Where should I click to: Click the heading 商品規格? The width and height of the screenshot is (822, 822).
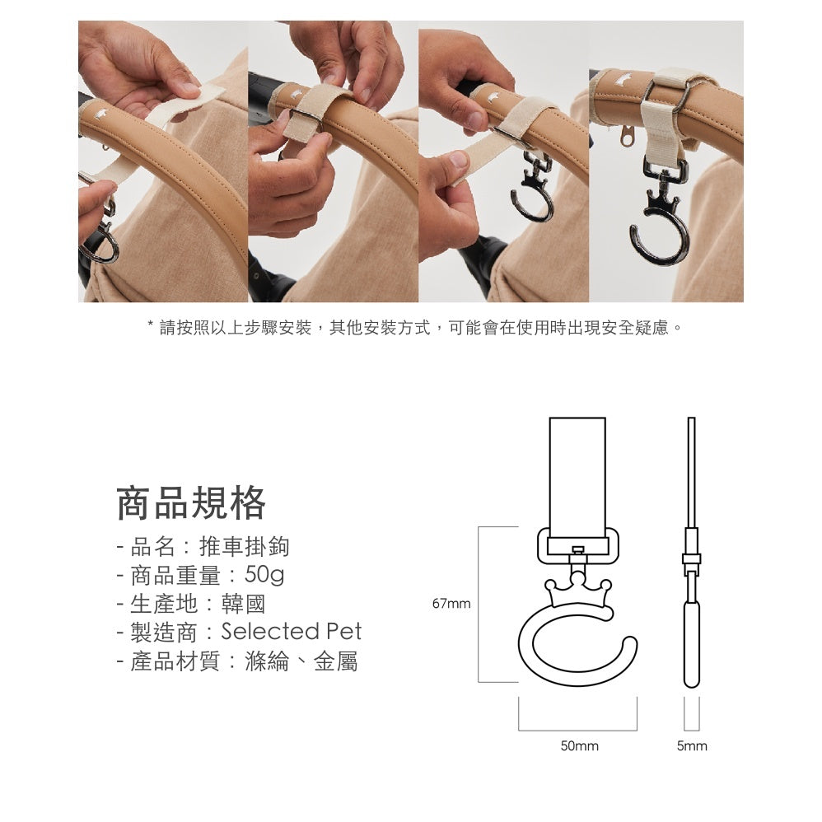click(191, 503)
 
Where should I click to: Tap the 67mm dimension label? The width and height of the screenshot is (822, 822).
click(451, 604)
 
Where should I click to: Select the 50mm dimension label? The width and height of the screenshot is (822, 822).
click(579, 746)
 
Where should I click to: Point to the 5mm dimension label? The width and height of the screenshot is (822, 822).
click(692, 746)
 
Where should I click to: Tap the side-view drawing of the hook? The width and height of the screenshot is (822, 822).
click(692, 577)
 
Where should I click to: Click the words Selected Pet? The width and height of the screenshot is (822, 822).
click(292, 632)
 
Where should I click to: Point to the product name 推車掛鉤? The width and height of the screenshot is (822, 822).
click(245, 546)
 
